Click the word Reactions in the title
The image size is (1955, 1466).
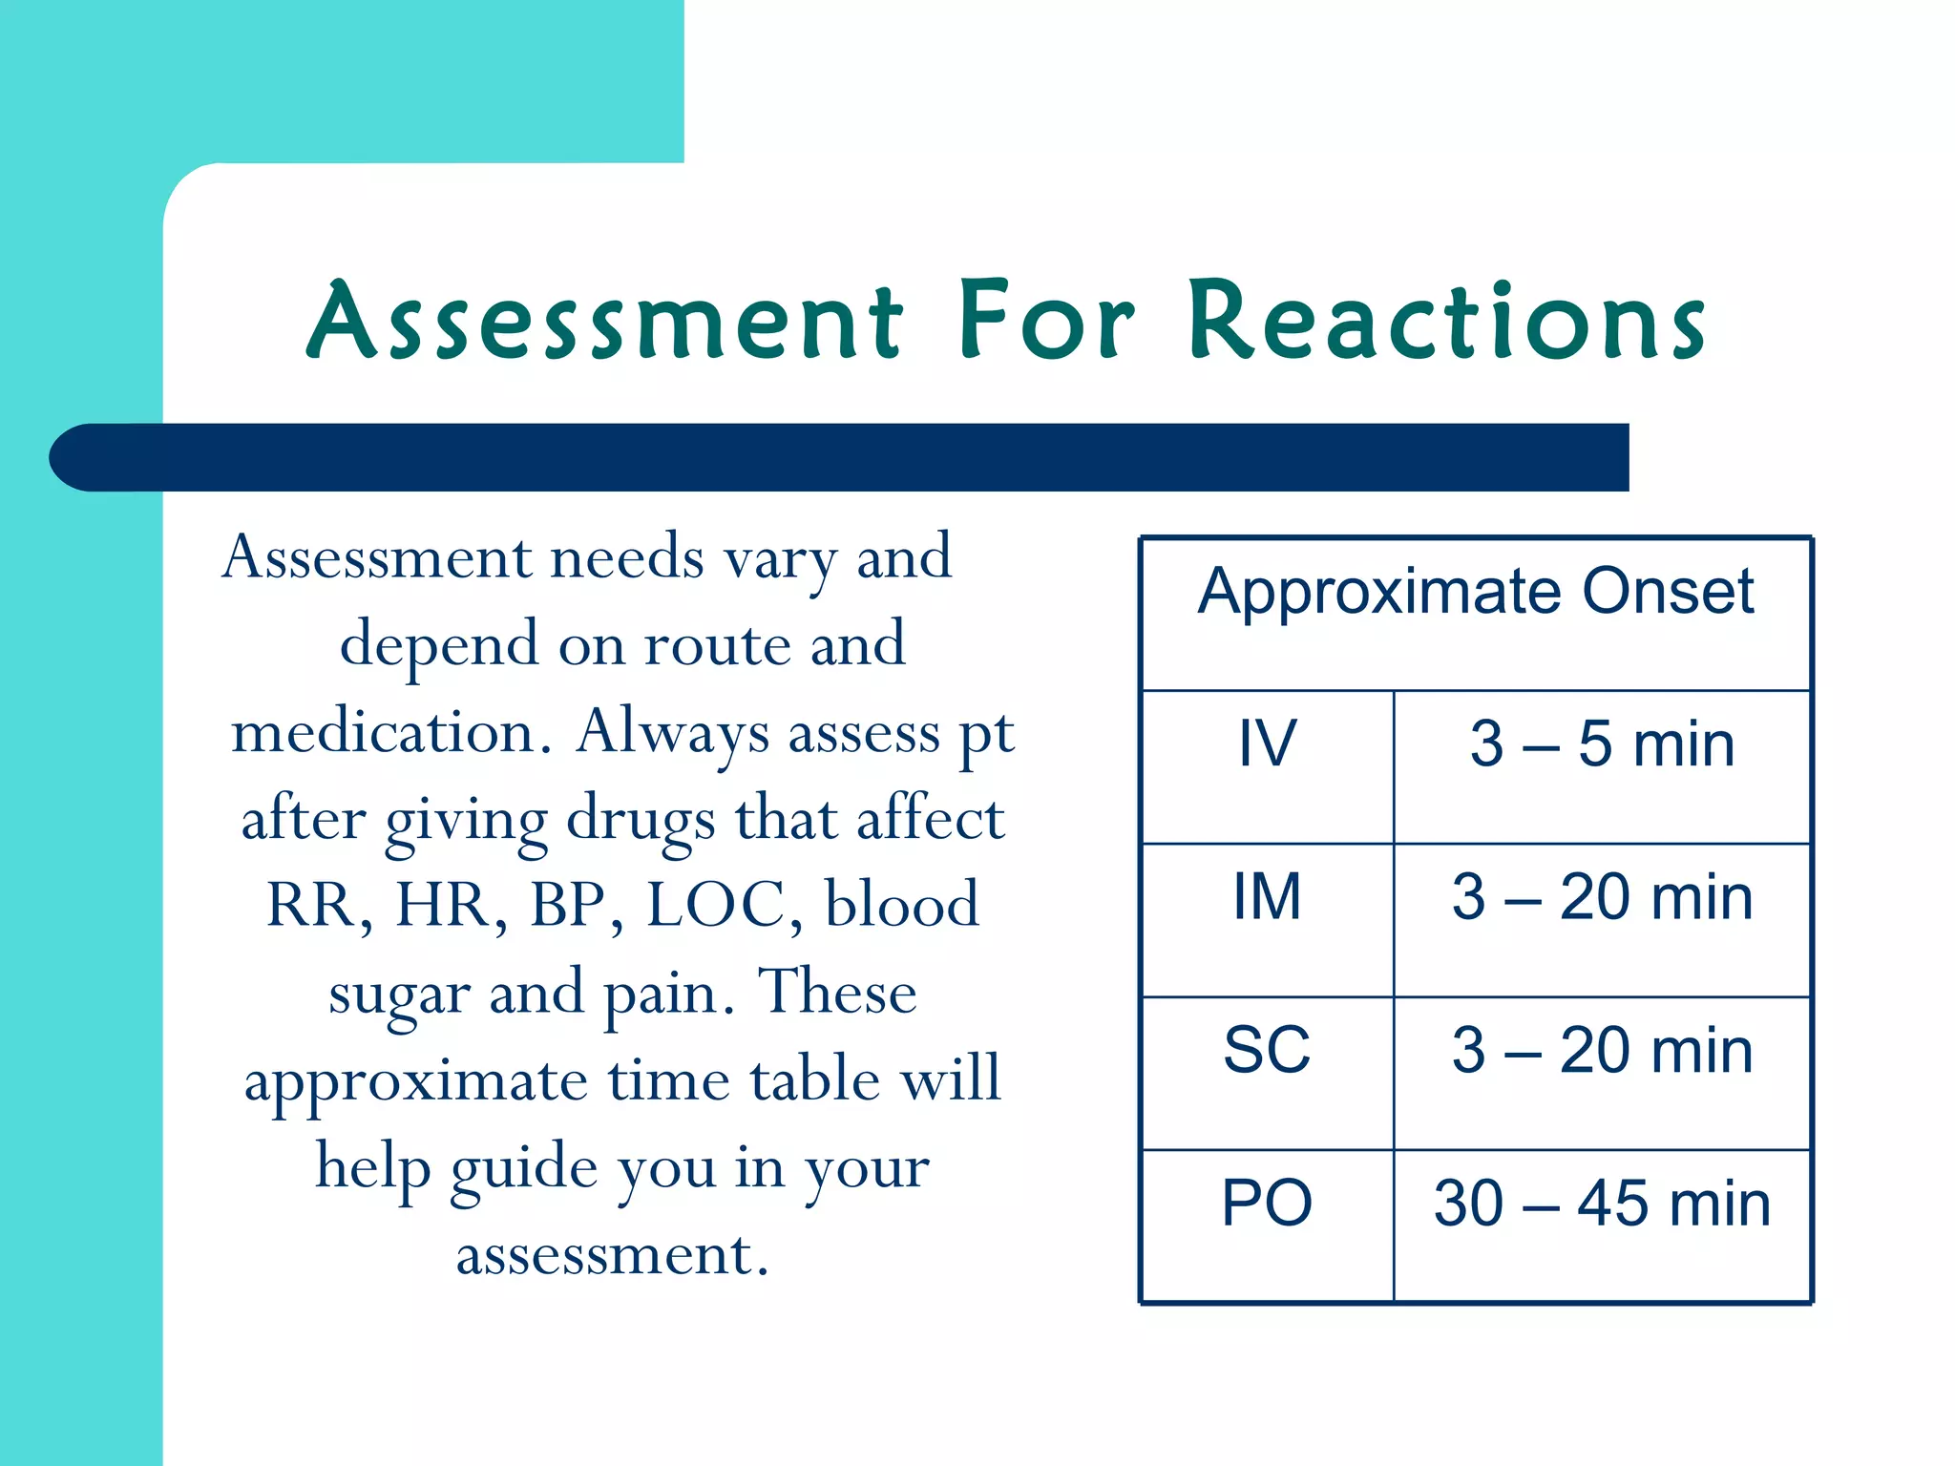pyautogui.click(x=1446, y=323)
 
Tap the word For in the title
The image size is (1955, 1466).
pyautogui.click(x=1046, y=323)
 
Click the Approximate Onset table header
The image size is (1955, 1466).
pyautogui.click(x=1476, y=592)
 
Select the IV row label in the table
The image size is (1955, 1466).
pyautogui.click(x=1267, y=744)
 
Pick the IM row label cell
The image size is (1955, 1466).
pyautogui.click(x=1267, y=897)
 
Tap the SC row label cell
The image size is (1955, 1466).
pyautogui.click(x=1267, y=1050)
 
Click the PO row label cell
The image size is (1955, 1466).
pyautogui.click(x=1267, y=1204)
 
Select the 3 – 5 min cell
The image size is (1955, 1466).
pyautogui.click(x=1602, y=744)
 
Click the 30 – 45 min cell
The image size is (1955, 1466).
pyautogui.click(x=1602, y=1204)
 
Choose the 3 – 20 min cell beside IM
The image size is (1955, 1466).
pyautogui.click(x=1602, y=897)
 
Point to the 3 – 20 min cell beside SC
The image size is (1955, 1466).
pyautogui.click(x=1602, y=1050)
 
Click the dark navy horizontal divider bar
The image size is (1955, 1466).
pyautogui.click(x=840, y=457)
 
